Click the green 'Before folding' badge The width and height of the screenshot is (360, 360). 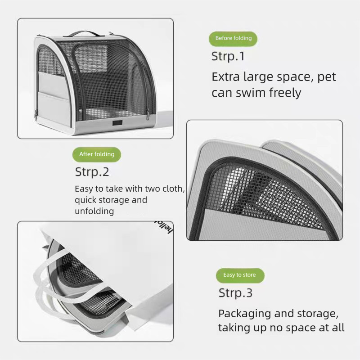coord(233,39)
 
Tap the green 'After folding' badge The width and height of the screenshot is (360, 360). coord(97,154)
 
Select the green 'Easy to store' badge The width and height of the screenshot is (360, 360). coord(240,275)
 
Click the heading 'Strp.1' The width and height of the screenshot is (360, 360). coord(228,57)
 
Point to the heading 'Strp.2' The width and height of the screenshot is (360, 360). coord(92,172)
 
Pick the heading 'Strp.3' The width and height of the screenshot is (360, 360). coord(235,293)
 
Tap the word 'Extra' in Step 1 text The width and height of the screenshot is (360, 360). coord(226,77)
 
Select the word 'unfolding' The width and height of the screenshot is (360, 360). coord(94,211)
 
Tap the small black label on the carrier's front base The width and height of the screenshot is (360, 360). coord(117,123)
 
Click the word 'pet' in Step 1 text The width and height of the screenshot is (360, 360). coord(327,77)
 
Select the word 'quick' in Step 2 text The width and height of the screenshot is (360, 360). coord(85,200)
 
